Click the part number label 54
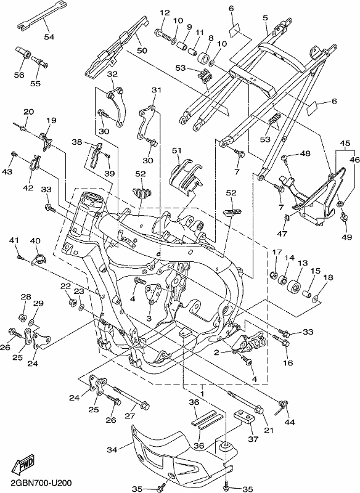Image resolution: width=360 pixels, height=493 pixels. pyautogui.click(x=49, y=37)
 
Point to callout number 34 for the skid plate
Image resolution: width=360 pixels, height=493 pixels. pyautogui.click(x=112, y=450)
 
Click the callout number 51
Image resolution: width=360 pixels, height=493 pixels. pyautogui.click(x=177, y=150)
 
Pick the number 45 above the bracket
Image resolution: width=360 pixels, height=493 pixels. pyautogui.click(x=345, y=144)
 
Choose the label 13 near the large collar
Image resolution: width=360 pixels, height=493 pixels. pyautogui.click(x=303, y=263)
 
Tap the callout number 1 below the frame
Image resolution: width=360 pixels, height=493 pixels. pyautogui.click(x=202, y=393)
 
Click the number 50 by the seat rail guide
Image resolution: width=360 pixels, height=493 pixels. pyautogui.click(x=142, y=51)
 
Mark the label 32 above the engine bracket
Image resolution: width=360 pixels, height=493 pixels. pyautogui.click(x=112, y=74)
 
